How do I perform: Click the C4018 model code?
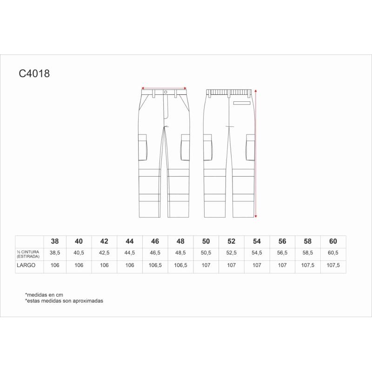pos(34,73)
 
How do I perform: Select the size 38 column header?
pos(55,241)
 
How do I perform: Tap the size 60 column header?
pos(333,241)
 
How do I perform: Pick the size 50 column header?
pos(206,241)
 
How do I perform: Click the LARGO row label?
pos(26,265)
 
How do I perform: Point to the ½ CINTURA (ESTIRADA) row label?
pos(28,254)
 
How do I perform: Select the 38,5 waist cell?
pos(55,253)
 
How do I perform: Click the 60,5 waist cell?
pos(333,253)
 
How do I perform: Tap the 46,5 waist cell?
pos(155,253)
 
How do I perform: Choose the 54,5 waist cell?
pos(257,253)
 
